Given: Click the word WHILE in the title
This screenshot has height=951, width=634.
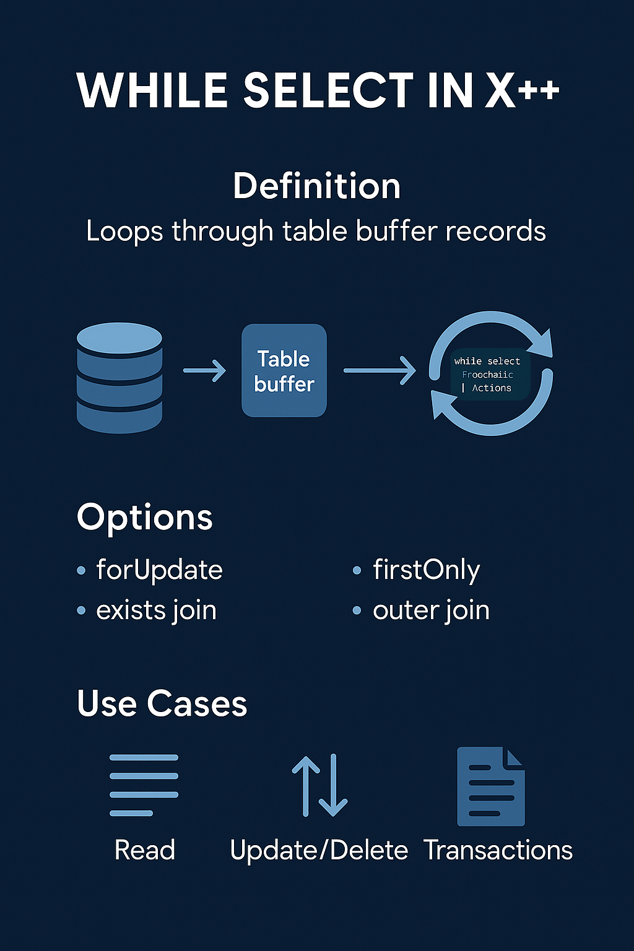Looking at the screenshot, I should (152, 90).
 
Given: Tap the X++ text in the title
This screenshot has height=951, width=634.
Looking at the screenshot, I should (522, 90).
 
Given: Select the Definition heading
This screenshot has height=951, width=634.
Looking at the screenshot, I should (316, 186).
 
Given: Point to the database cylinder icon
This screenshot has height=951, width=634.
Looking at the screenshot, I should (119, 377).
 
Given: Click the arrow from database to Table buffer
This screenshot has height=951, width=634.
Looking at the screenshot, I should (204, 370).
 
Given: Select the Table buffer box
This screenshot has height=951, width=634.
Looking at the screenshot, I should (284, 370).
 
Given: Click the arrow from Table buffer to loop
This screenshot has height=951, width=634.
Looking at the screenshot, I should (379, 370).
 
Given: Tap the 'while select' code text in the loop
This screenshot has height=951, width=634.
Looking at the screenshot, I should (487, 361).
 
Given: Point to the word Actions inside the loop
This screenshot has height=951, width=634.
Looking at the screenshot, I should (492, 388).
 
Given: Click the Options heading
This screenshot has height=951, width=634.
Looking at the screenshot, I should (144, 517).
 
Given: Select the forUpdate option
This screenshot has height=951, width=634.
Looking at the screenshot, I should (159, 570).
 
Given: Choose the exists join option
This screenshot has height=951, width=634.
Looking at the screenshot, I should (156, 610).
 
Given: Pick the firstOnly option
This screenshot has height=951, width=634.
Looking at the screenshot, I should (426, 570).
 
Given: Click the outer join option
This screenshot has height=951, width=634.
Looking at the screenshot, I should (431, 610).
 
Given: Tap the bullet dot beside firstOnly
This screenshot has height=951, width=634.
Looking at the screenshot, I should (357, 570).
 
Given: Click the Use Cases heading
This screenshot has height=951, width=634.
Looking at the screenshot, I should (162, 703).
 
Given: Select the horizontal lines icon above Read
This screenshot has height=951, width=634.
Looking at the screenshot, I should (144, 785).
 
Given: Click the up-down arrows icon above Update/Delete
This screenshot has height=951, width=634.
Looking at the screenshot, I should (319, 785).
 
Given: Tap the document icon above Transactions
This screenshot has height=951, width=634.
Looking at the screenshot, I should (490, 786).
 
